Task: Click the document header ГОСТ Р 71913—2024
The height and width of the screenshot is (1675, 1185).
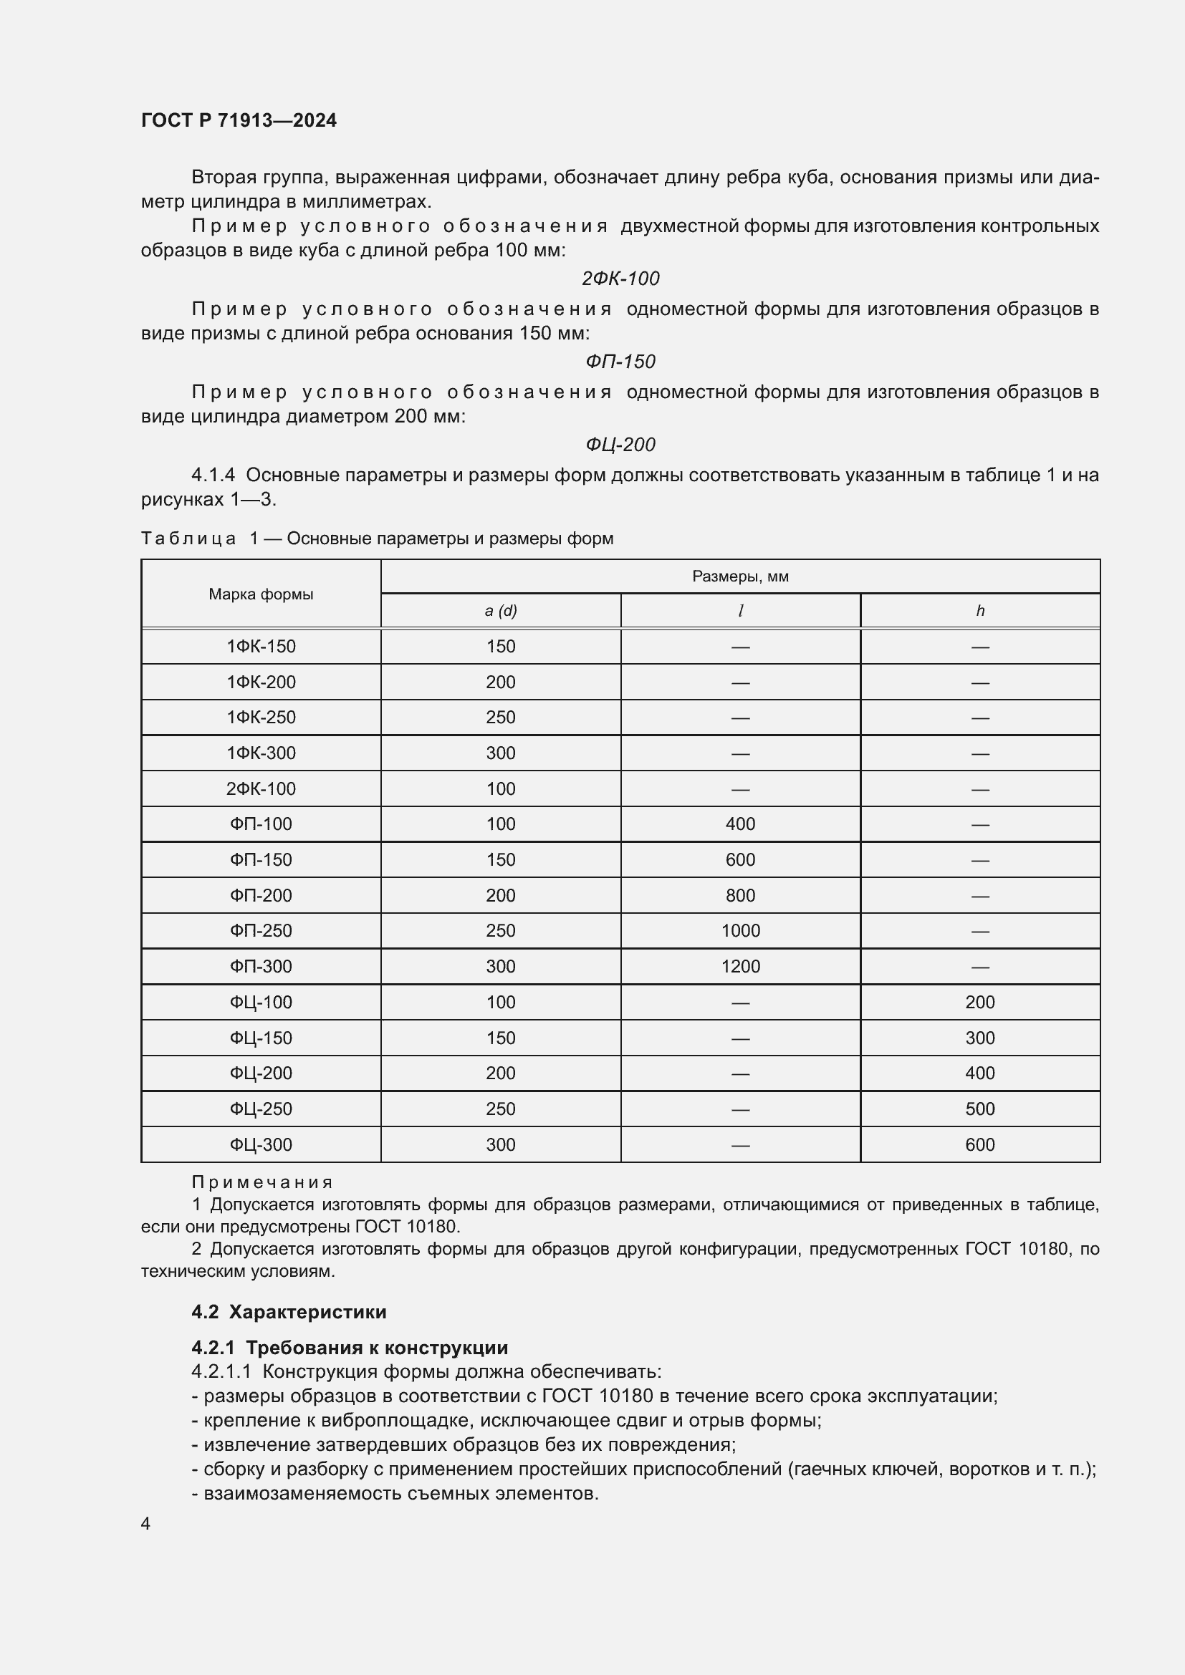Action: point(239,120)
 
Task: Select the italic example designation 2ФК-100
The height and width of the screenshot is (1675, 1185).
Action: point(620,278)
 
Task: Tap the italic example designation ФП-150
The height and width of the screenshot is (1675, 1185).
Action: point(620,361)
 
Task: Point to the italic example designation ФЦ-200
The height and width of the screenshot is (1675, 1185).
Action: point(620,444)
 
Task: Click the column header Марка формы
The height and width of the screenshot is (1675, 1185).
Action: point(261,594)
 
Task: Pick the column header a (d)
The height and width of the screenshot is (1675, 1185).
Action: point(501,611)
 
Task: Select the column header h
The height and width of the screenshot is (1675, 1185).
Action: point(980,611)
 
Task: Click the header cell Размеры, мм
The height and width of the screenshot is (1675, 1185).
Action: point(740,576)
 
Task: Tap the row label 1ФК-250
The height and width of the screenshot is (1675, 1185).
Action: point(261,717)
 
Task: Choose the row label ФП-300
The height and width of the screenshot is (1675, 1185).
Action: point(261,966)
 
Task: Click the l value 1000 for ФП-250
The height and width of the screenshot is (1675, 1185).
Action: point(740,930)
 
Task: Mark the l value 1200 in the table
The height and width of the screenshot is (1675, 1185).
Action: point(740,966)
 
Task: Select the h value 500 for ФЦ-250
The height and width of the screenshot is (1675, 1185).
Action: point(979,1108)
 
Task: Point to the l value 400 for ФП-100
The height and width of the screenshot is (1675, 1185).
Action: point(740,824)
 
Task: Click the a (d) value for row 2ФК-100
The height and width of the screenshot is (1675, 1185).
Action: point(501,788)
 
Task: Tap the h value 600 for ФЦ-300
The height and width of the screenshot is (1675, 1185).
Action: point(979,1144)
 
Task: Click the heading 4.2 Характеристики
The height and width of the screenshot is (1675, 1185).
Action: point(289,1312)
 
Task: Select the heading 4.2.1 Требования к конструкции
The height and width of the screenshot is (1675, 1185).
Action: point(350,1348)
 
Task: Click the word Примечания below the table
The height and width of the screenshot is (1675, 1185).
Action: point(262,1182)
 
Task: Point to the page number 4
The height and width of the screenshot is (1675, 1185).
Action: point(145,1523)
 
